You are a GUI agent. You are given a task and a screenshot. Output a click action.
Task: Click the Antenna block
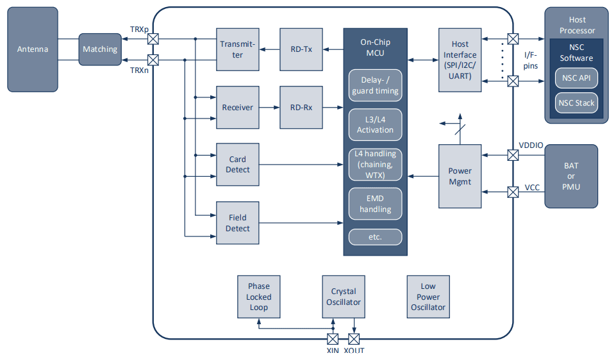point(32,49)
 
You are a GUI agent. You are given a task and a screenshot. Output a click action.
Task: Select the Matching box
point(100,49)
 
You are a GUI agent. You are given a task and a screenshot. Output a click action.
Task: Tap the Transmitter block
point(238,49)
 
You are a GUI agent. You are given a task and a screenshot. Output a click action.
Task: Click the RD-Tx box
point(301,49)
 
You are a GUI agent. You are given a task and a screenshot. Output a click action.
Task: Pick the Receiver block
point(238,108)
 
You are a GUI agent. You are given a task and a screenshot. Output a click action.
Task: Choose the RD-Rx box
point(301,108)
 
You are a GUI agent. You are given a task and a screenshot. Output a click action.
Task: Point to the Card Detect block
point(238,165)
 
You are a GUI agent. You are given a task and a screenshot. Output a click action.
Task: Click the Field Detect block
point(238,223)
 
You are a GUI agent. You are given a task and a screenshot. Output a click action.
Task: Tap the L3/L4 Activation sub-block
point(375,125)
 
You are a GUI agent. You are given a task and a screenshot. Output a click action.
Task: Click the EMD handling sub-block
point(375,204)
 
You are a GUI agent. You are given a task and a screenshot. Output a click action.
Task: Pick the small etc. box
point(375,237)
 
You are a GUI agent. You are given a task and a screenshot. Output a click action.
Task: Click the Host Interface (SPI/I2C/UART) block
point(460,60)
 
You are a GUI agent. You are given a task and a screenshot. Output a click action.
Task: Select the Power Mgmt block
point(460,176)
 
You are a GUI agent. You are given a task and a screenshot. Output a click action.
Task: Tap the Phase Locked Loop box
point(259,297)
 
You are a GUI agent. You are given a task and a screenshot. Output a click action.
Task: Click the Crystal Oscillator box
point(344,297)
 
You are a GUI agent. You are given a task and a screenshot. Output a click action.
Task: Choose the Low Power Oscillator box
point(428,297)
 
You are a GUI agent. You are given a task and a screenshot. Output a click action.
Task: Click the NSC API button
point(576,79)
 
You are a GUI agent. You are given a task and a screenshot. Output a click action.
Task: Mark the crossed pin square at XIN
point(333,339)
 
